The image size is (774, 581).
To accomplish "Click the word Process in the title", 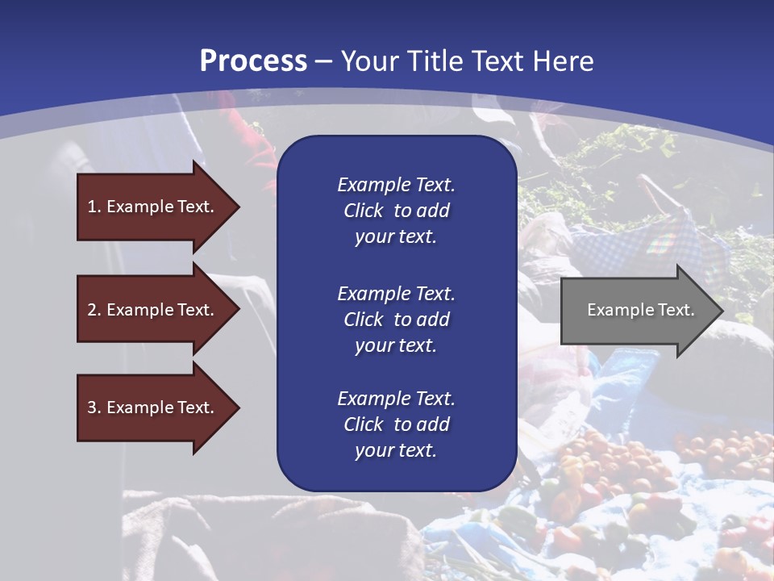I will (253, 61).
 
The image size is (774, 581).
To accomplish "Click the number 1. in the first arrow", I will (94, 207).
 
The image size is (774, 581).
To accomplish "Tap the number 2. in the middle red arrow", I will (94, 310).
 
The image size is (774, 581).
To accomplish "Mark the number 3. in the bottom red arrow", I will (94, 408).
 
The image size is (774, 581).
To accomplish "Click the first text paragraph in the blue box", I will (396, 211).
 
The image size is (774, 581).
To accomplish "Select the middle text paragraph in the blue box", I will (396, 320).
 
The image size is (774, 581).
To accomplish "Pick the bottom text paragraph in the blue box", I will (396, 424).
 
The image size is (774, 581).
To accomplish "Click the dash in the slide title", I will (324, 62).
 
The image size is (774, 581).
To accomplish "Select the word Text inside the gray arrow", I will (676, 310).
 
